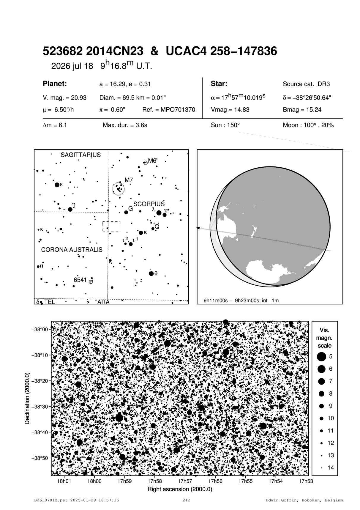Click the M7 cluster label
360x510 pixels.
click(x=129, y=180)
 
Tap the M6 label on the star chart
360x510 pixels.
click(x=152, y=161)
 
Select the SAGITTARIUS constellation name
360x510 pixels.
click(x=80, y=155)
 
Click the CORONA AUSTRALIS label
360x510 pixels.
click(x=72, y=250)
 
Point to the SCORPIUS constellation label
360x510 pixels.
click(x=149, y=204)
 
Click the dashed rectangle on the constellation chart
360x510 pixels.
click(x=111, y=226)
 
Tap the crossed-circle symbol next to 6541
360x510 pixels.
click(x=91, y=281)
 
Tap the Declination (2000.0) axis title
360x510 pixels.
click(x=27, y=398)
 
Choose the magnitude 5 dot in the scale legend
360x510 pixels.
click(x=321, y=357)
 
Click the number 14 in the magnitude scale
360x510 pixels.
click(x=331, y=467)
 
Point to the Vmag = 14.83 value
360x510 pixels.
click(x=230, y=110)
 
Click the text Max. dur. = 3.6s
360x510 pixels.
click(x=125, y=125)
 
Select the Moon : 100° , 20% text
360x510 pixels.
click(x=308, y=125)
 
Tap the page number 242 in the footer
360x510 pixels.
click(x=186, y=500)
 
